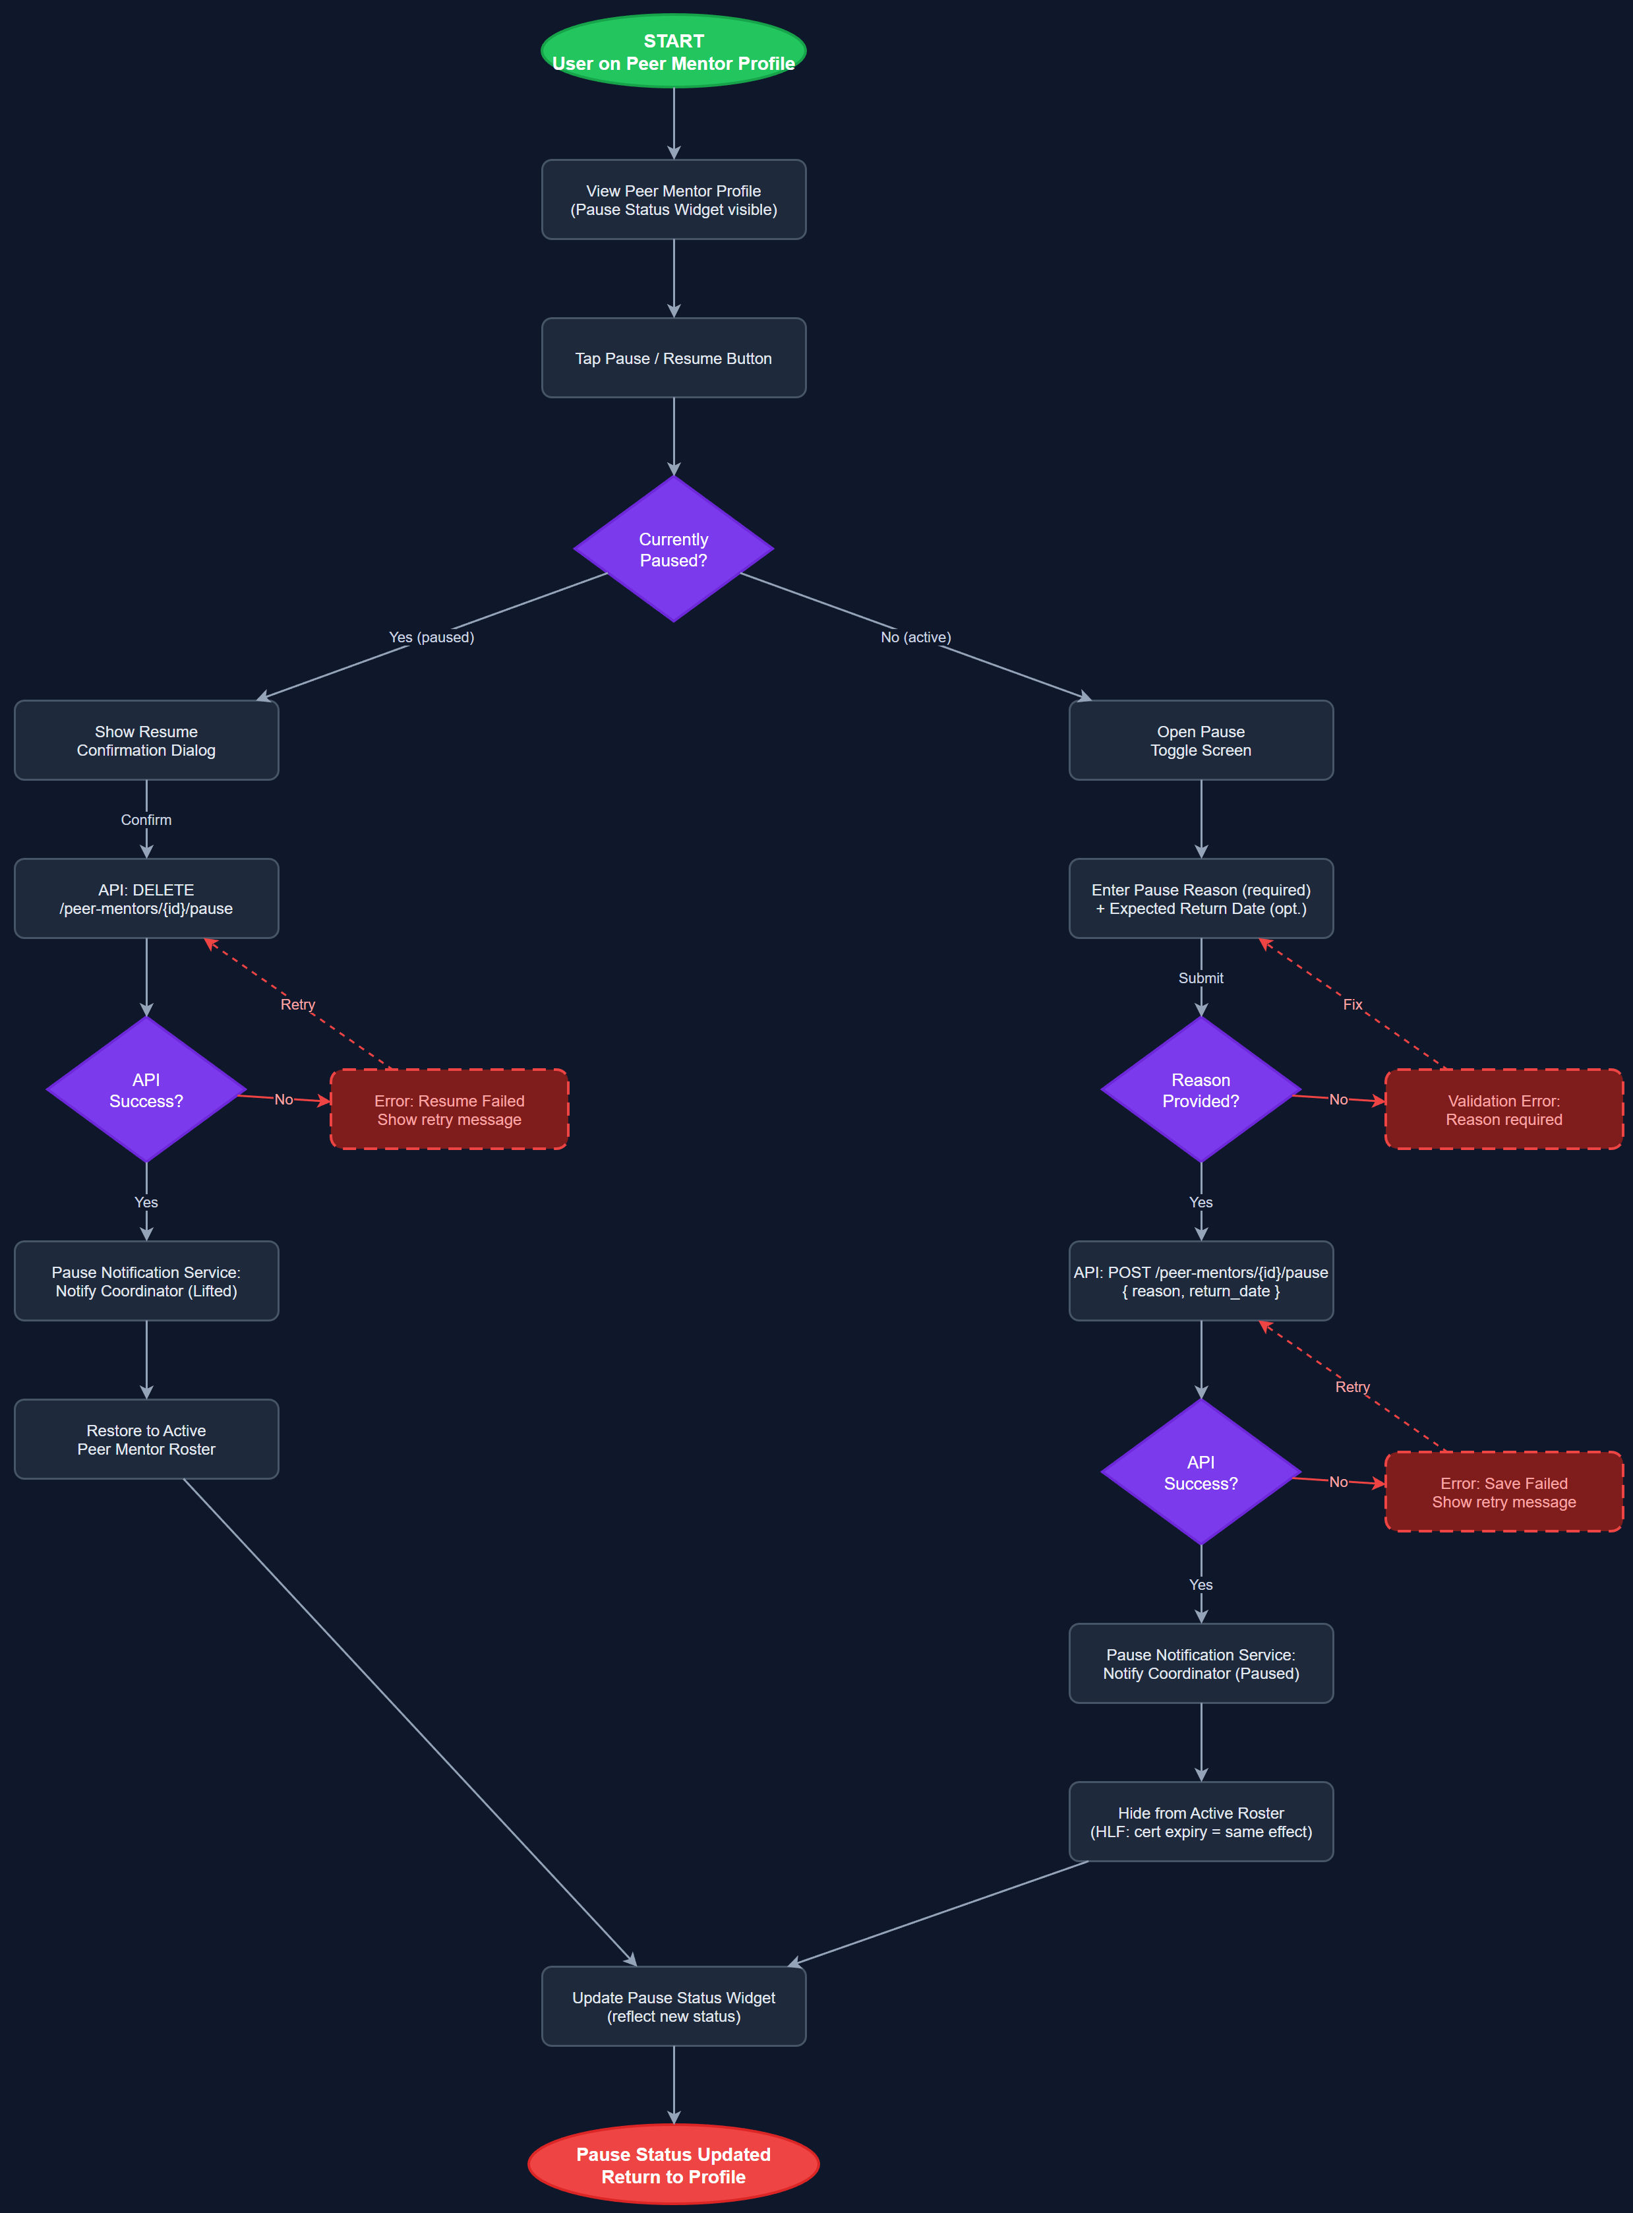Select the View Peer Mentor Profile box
pyautogui.click(x=673, y=200)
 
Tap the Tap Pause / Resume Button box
pyautogui.click(x=673, y=358)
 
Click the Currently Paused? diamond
pyautogui.click(x=673, y=549)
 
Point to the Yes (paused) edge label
pyautogui.click(x=431, y=637)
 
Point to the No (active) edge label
pyautogui.click(x=915, y=637)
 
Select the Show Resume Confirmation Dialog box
pyautogui.click(x=146, y=741)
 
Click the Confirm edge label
pyautogui.click(x=146, y=820)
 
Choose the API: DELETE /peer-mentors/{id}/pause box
pyautogui.click(x=146, y=899)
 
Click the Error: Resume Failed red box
pyautogui.click(x=449, y=1109)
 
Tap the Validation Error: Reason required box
pyautogui.click(x=1504, y=1109)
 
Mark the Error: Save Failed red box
pyautogui.click(x=1504, y=1492)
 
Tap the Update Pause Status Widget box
pyautogui.click(x=673, y=2007)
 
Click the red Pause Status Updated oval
pyautogui.click(x=673, y=2165)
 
